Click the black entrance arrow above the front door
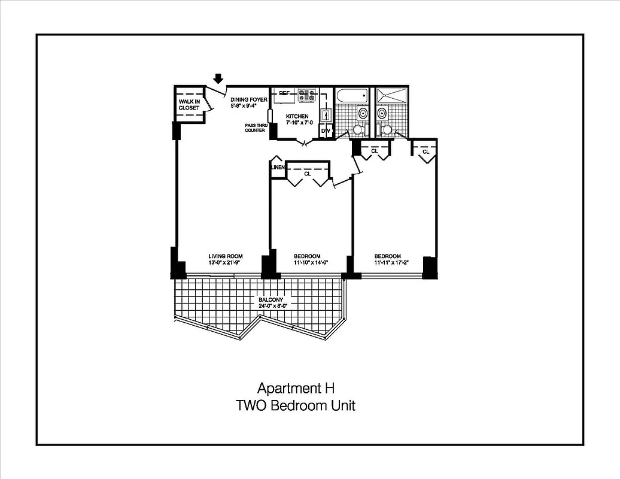tap(218, 78)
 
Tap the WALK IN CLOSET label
tap(189, 105)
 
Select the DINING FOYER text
tap(249, 99)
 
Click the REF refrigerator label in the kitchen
tap(284, 93)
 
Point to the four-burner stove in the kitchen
tap(307, 95)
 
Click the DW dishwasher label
tap(326, 131)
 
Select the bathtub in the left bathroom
tap(352, 96)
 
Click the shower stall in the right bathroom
tap(391, 96)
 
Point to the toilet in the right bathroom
tap(387, 129)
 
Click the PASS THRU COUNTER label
tap(255, 128)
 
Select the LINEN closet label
tap(278, 168)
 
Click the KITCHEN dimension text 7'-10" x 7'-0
tap(297, 123)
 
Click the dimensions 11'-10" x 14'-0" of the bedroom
tap(307, 262)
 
